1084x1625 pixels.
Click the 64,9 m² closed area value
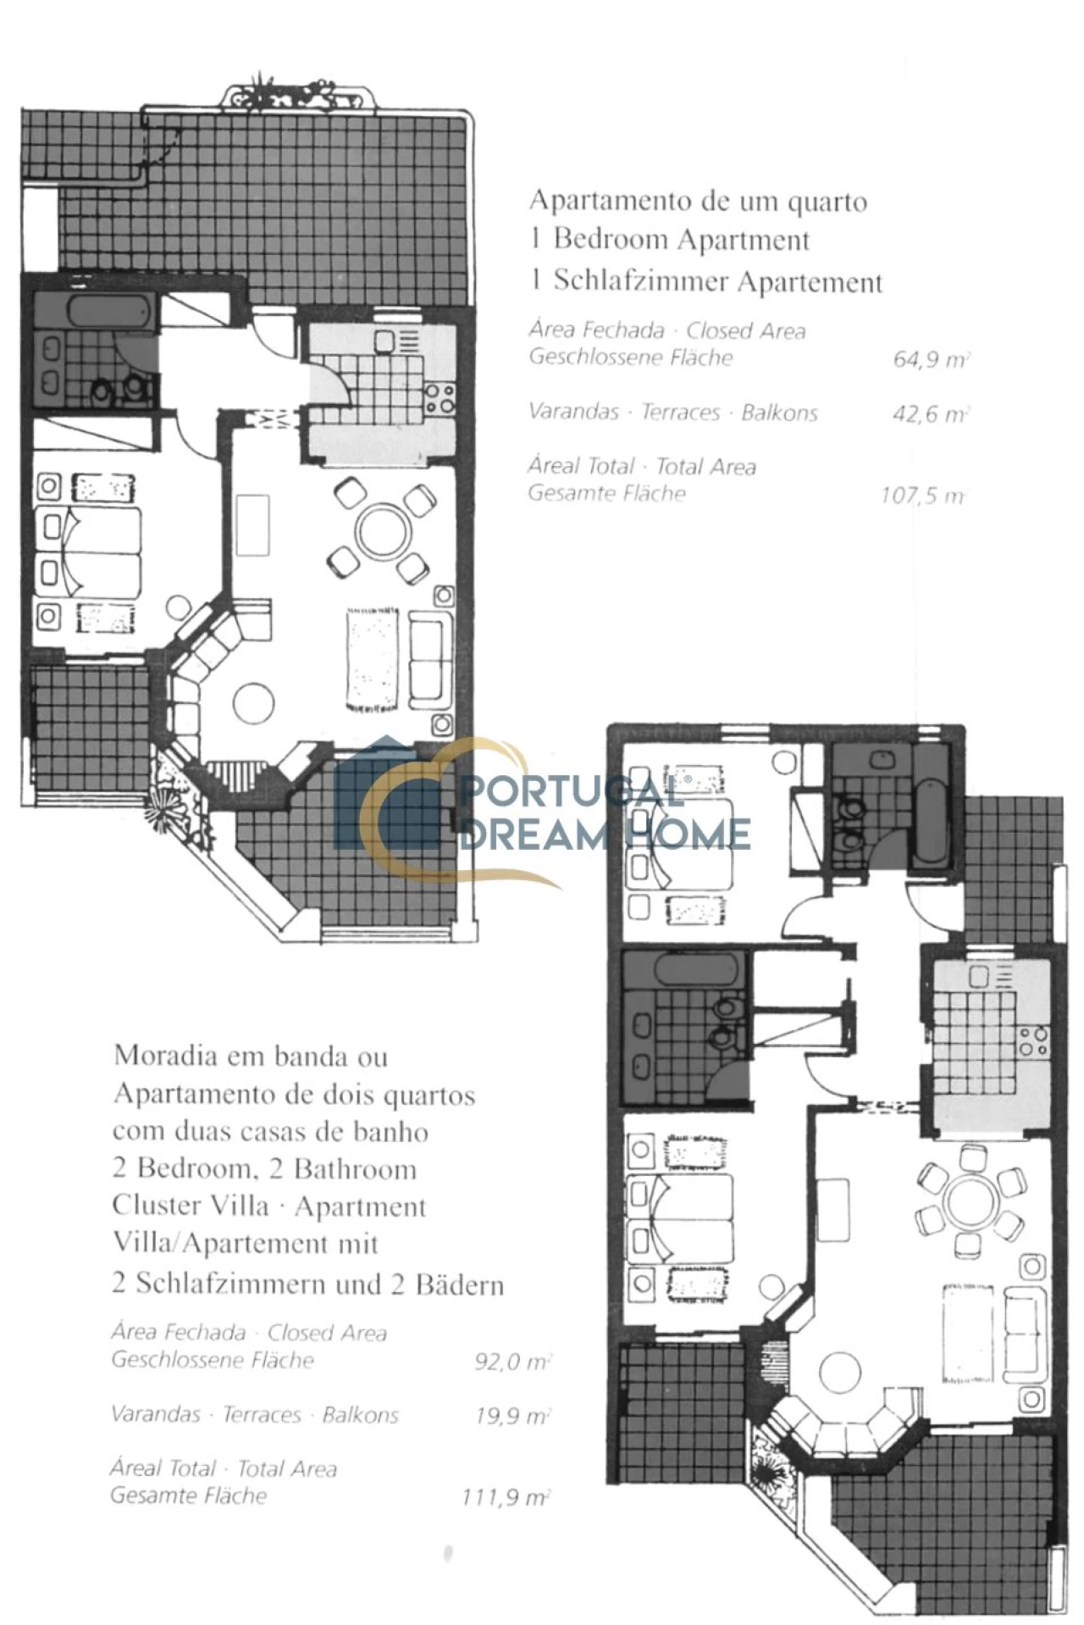pyautogui.click(x=931, y=359)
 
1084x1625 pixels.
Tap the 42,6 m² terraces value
pyautogui.click(x=931, y=414)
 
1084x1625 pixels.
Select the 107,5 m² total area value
pyautogui.click(x=923, y=495)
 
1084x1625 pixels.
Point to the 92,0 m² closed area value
pyautogui.click(x=513, y=1362)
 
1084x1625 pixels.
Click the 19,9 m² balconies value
pyautogui.click(x=513, y=1416)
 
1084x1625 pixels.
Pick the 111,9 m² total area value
pyautogui.click(x=506, y=1497)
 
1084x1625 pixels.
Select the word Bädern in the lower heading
pyautogui.click(x=459, y=1284)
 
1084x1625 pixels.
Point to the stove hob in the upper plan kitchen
pyautogui.click(x=440, y=399)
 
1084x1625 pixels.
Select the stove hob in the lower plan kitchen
pyautogui.click(x=1034, y=1040)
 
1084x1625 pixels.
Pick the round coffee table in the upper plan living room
pyautogui.click(x=253, y=703)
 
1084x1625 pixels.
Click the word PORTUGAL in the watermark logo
pyautogui.click(x=571, y=793)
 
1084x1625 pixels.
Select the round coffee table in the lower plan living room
pyautogui.click(x=839, y=1372)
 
